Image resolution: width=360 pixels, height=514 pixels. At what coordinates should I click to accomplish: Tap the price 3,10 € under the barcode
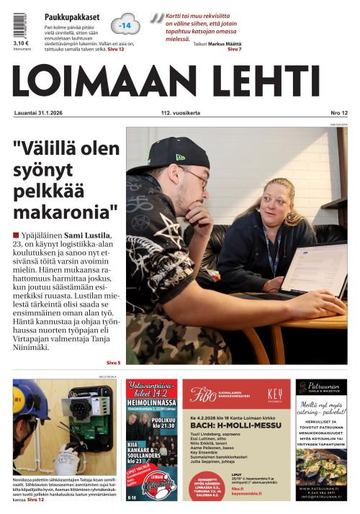(20, 42)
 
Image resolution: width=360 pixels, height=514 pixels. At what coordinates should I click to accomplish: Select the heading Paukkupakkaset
(72, 17)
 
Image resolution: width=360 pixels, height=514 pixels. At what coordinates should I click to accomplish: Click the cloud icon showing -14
(126, 25)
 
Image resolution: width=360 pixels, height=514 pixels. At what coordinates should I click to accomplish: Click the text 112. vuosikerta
(180, 114)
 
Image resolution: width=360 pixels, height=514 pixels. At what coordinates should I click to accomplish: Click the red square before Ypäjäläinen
(16, 235)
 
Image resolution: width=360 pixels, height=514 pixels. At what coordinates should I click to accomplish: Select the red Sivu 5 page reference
(113, 362)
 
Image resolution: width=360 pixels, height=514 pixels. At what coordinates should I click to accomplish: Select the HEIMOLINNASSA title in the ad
(152, 407)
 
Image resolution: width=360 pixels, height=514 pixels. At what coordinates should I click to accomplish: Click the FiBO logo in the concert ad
(204, 394)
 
